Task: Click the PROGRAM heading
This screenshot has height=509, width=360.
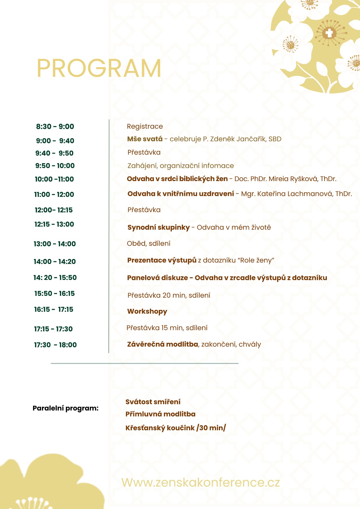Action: pos(99,68)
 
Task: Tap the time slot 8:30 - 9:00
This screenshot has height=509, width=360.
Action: pos(55,126)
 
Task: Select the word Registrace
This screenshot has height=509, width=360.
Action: pos(145,126)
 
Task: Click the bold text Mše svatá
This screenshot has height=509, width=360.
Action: pos(145,139)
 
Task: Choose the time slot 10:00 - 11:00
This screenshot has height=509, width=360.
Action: pos(54,179)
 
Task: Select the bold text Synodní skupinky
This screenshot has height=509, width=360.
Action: pos(158,227)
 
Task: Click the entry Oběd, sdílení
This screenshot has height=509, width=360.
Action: pos(149,243)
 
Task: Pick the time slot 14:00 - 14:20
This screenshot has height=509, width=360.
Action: pos(55,262)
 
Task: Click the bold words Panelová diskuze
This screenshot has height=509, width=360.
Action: pos(157,278)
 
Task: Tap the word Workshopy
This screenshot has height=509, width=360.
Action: pos(147,311)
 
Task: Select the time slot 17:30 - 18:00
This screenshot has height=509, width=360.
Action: pos(55,345)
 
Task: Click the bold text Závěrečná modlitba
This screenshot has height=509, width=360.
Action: pos(163,344)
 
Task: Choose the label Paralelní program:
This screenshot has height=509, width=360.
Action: pos(66,408)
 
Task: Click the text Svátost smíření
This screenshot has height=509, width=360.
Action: pos(153,402)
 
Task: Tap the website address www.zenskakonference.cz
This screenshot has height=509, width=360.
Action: pos(201,482)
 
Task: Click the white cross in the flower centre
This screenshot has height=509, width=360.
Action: pos(329,33)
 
